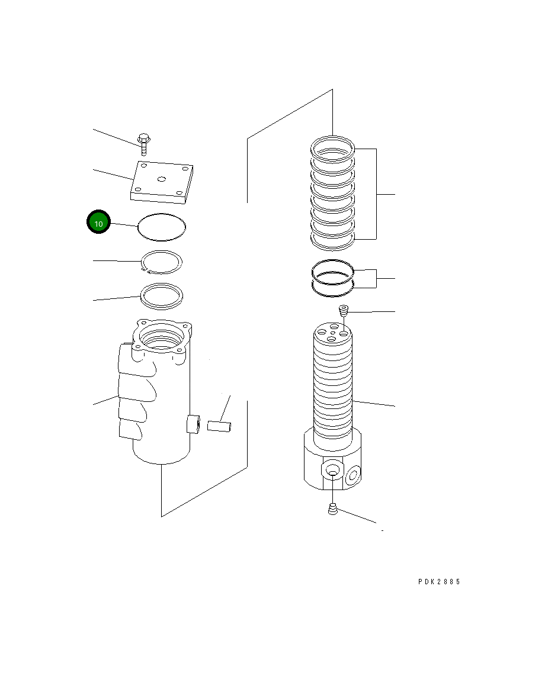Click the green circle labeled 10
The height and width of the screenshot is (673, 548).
pyautogui.click(x=99, y=223)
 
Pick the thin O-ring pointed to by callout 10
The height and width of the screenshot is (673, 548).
pyautogui.click(x=162, y=227)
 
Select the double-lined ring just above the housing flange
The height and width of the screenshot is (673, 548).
pyautogui.click(x=161, y=295)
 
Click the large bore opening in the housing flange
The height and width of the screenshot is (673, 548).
pyautogui.click(x=161, y=340)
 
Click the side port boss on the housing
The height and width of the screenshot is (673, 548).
pyautogui.click(x=194, y=424)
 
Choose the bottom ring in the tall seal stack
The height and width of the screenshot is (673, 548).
pyautogui.click(x=333, y=239)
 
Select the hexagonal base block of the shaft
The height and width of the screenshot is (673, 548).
pyautogui.click(x=332, y=462)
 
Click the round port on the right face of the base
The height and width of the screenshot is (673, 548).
pyautogui.click(x=354, y=473)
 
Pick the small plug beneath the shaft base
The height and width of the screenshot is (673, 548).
pyautogui.click(x=333, y=508)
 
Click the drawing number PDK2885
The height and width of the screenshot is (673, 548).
pyautogui.click(x=439, y=581)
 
